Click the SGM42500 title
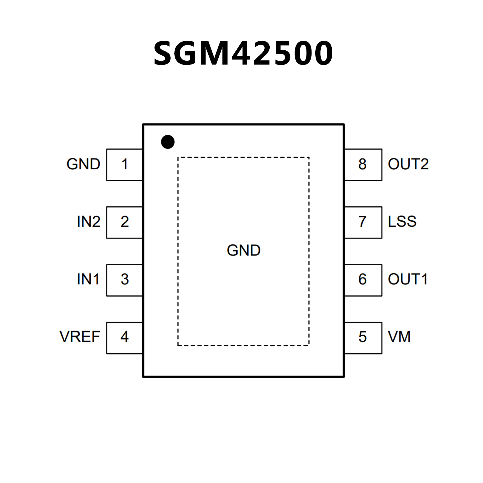click(x=243, y=53)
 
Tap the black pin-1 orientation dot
click(x=168, y=142)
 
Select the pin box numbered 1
click(x=125, y=165)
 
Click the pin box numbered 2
click(x=125, y=222)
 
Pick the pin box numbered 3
click(x=125, y=280)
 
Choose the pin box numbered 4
click(x=125, y=338)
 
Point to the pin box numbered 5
click(x=363, y=338)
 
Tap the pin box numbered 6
click(x=363, y=280)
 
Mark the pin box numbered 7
click(x=363, y=222)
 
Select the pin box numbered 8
click(x=363, y=165)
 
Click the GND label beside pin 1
click(x=83, y=164)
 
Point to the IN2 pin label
click(x=89, y=222)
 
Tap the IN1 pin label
click(x=88, y=279)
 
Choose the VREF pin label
click(x=80, y=337)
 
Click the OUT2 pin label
click(x=408, y=164)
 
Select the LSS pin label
click(x=402, y=222)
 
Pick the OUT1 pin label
click(x=408, y=279)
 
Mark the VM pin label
click(x=399, y=337)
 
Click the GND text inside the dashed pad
click(x=244, y=251)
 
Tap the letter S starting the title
click(x=165, y=53)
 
